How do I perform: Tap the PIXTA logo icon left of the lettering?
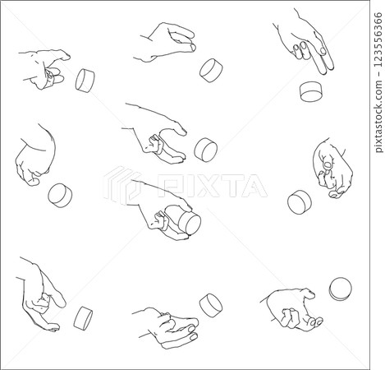[123, 185]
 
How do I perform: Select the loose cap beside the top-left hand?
[85, 79]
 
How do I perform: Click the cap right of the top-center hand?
[212, 69]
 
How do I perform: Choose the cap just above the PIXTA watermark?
[205, 149]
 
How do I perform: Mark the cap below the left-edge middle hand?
[60, 195]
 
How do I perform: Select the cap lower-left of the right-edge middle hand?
[300, 201]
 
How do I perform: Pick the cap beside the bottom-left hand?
[83, 317]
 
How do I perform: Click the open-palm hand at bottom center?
[167, 327]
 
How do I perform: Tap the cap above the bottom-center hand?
[211, 304]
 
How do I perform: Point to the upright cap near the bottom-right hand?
[340, 289]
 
